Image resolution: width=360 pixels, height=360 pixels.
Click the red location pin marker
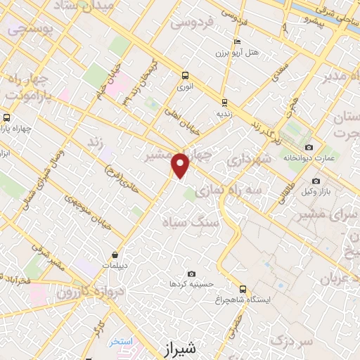[181, 165]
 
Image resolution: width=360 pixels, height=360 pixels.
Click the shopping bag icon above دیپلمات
[115, 255]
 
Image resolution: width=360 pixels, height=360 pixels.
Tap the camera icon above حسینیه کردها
[191, 274]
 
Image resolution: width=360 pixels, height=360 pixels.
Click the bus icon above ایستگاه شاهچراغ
[243, 289]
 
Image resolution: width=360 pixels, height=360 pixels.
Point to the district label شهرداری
[250, 160]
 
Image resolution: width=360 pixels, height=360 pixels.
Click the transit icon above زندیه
[224, 102]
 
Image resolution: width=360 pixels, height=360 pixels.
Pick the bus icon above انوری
[185, 75]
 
